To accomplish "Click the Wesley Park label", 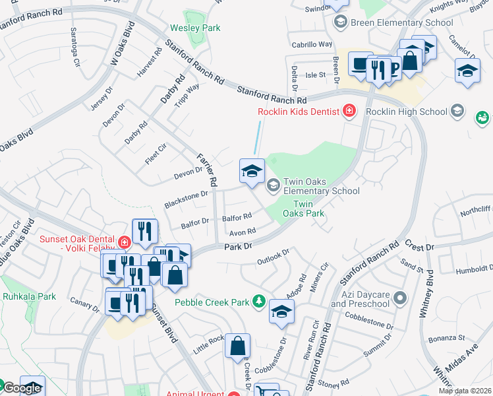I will [x=195, y=28].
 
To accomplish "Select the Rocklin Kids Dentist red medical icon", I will [x=349, y=111].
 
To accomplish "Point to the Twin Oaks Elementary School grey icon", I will [x=273, y=185].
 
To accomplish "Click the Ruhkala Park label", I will [x=28, y=296].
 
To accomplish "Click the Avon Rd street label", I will [x=242, y=232].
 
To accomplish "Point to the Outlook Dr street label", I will [x=273, y=255].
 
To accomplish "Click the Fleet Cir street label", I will [x=156, y=158].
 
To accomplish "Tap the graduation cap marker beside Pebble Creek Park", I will [x=281, y=312].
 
